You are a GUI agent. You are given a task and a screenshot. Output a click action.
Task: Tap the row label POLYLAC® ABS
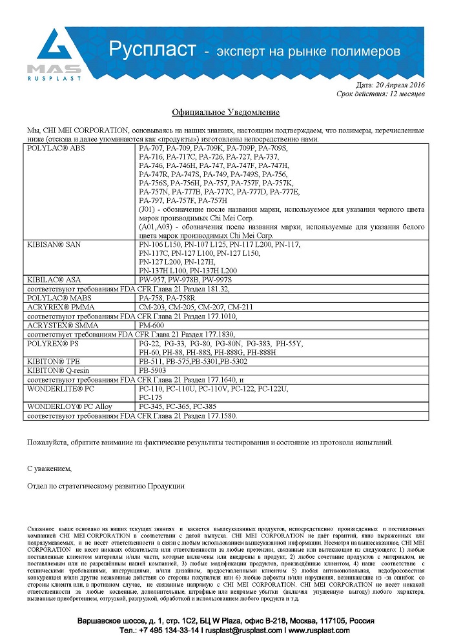(52, 149)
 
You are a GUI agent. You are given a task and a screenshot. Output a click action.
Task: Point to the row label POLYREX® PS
(50, 344)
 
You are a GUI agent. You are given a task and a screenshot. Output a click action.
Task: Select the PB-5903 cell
(152, 372)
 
